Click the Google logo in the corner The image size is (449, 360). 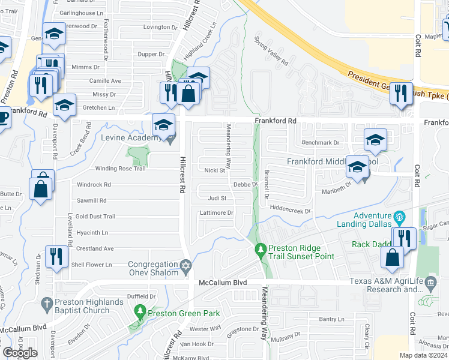coord(20,353)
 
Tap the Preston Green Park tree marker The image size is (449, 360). coord(140,311)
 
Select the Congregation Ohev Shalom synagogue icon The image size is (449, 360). coord(186,265)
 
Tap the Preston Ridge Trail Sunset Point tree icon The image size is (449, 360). coord(261,248)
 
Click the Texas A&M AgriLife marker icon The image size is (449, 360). coord(430,281)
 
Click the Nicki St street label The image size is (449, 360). coord(214,170)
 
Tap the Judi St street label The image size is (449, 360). coord(217,198)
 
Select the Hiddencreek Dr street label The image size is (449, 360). coord(290,211)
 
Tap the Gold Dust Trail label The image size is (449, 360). coord(95,216)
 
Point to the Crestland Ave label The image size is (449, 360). coord(95,248)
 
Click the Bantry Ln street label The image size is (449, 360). coord(332,319)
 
